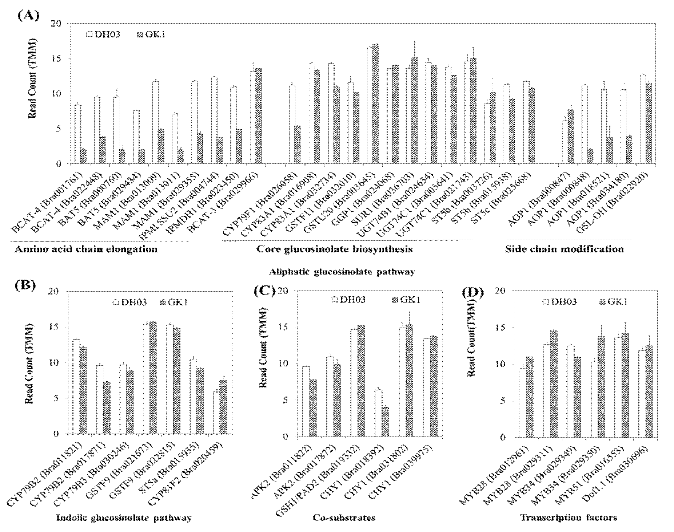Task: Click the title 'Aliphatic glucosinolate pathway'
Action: click(x=342, y=272)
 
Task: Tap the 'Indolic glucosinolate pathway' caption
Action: click(x=124, y=518)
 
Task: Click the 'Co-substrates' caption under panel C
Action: click(x=344, y=518)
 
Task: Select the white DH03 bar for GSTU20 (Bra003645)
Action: click(x=370, y=106)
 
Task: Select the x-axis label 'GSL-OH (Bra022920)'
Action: click(x=628, y=196)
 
